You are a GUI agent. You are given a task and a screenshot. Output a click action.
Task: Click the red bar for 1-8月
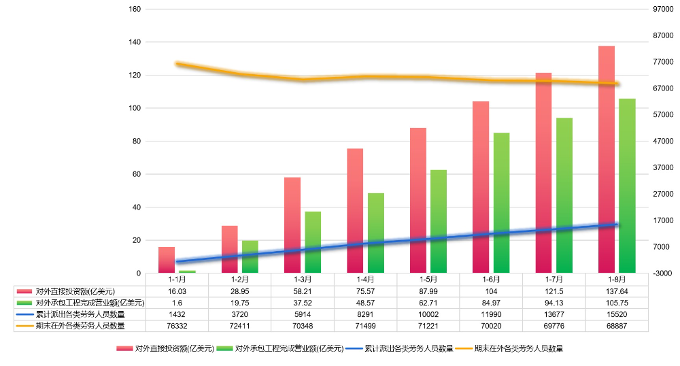(x=607, y=160)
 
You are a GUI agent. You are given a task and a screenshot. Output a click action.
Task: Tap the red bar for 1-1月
(x=167, y=260)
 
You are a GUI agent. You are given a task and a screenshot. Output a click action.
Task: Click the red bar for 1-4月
(x=355, y=211)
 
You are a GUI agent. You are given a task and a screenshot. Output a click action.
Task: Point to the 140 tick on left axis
(x=135, y=42)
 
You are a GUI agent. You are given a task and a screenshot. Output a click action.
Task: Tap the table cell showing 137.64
(x=617, y=291)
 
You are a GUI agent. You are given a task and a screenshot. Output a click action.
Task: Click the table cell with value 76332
(x=177, y=326)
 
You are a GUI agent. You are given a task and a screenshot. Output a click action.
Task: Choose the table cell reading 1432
(x=177, y=314)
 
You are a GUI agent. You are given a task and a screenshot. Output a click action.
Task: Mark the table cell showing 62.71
(x=428, y=303)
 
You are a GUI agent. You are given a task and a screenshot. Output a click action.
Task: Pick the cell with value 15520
(x=617, y=314)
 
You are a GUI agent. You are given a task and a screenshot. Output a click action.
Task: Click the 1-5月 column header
(x=428, y=280)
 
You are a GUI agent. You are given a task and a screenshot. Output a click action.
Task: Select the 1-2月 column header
(x=239, y=280)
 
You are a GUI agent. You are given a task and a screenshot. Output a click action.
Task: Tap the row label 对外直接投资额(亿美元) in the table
(x=75, y=291)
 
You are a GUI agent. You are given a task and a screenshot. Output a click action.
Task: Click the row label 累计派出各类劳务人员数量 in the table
(x=80, y=314)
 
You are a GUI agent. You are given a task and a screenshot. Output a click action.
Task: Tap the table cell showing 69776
(x=554, y=326)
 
